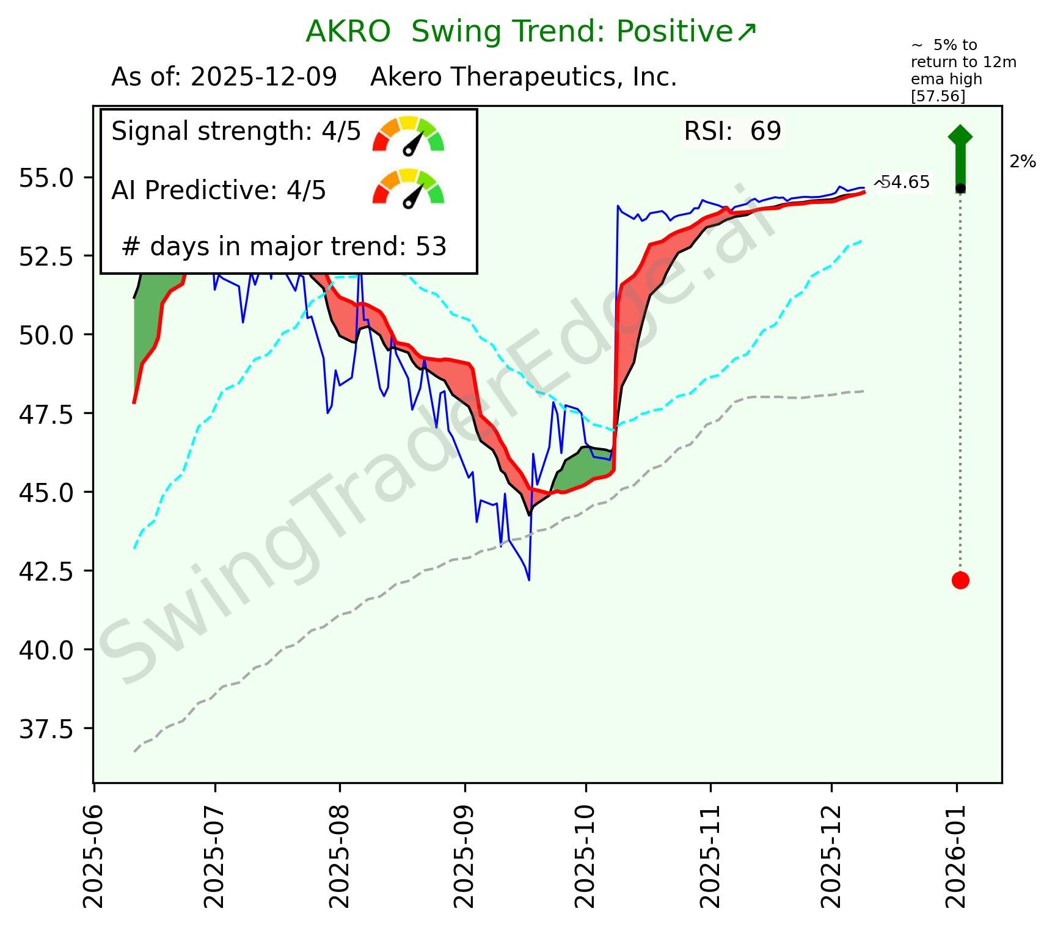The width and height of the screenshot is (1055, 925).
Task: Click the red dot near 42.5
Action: (960, 580)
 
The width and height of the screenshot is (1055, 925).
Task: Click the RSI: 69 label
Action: (732, 132)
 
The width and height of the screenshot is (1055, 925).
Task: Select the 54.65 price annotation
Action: (904, 183)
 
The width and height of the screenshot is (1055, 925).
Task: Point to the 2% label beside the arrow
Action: (1023, 162)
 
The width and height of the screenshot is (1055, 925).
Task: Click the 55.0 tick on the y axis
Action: (46, 178)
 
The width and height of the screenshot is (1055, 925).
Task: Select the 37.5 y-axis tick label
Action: (46, 729)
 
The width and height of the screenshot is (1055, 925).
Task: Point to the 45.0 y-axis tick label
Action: (46, 493)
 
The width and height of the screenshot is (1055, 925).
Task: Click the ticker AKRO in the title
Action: (348, 32)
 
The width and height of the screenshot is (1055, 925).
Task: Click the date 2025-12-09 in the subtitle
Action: (263, 78)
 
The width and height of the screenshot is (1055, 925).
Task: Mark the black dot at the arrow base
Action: (960, 188)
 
